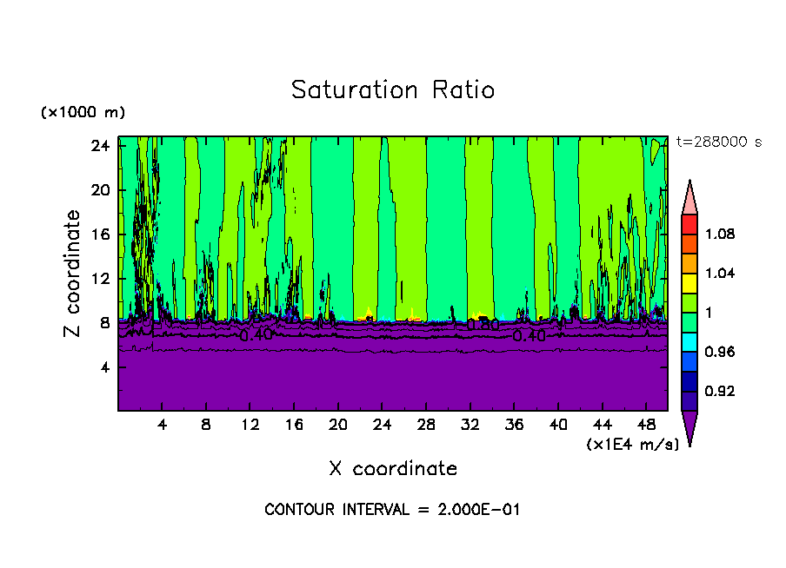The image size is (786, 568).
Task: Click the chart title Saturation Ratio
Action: pos(393,90)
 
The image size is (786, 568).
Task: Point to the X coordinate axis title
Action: pos(393,469)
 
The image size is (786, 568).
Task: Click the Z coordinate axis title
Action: pos(73,274)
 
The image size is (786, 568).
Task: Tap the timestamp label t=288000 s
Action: pos(718,142)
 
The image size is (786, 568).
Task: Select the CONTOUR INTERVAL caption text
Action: pos(392,510)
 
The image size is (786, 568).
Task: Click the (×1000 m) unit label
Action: pos(83,113)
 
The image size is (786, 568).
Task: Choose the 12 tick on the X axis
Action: pos(250,426)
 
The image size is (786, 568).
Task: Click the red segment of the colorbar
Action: pos(689,224)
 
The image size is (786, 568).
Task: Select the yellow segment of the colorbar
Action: pos(689,282)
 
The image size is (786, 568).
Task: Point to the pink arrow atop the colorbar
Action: pos(689,198)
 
